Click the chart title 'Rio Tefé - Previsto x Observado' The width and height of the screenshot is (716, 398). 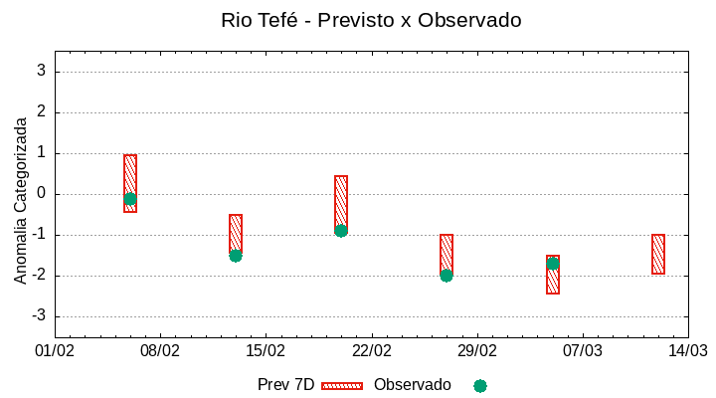pos(371,20)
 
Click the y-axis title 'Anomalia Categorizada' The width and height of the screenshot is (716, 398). pos(21,200)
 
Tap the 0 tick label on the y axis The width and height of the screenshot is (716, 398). pos(42,194)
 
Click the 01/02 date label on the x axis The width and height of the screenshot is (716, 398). pos(55,351)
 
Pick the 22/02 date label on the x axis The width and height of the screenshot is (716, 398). pos(372,351)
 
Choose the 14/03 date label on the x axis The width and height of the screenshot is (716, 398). pos(688,351)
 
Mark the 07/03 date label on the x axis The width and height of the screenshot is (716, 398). pos(583,351)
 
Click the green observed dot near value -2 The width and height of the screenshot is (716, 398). pos(447,276)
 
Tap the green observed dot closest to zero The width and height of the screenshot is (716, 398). pos(130,199)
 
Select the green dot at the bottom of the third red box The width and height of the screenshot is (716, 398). pos(341,231)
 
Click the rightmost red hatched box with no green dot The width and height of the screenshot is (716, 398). pos(658,254)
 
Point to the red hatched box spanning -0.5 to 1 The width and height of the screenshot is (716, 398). pos(130,183)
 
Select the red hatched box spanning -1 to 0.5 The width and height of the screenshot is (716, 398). pos(341,205)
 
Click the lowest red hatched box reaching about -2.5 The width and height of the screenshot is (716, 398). pos(553,275)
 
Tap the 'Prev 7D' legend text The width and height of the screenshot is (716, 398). pos(285,385)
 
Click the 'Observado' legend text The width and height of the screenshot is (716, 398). pos(412,385)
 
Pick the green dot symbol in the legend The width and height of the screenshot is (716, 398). pos(480,385)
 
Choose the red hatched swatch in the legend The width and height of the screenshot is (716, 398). pos(342,385)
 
